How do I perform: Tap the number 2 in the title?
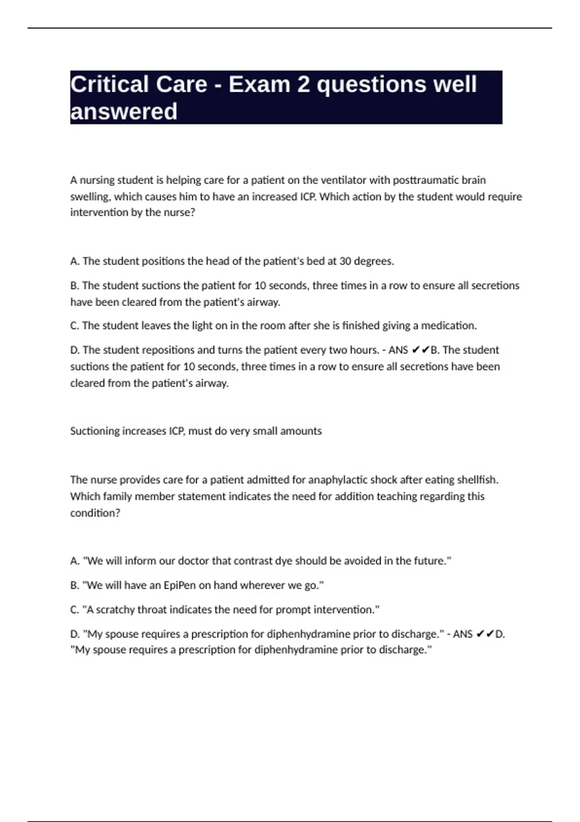pos(303,84)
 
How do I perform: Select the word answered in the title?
pos(124,111)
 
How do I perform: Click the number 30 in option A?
pos(345,261)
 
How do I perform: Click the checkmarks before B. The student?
pos(420,350)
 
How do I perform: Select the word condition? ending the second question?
pos(95,513)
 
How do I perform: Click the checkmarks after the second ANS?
pos(485,633)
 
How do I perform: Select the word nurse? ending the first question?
pos(180,212)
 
